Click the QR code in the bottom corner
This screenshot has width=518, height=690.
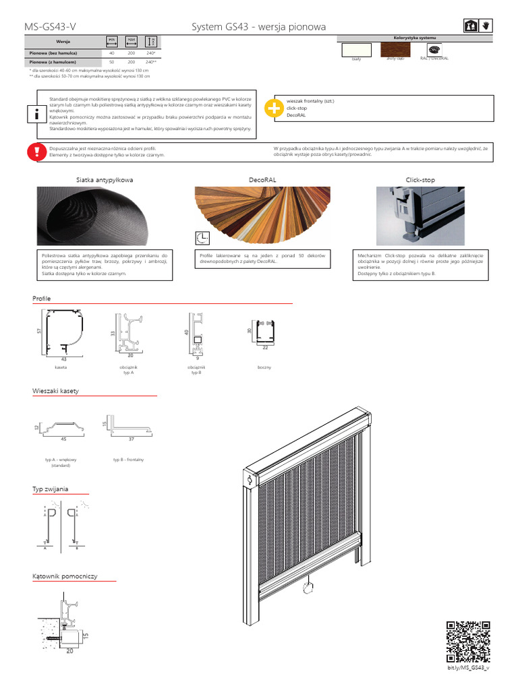click(467, 641)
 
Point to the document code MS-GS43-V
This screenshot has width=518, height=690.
click(50, 27)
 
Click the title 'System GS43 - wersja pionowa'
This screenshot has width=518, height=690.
click(259, 27)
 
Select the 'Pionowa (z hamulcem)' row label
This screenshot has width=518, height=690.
click(53, 62)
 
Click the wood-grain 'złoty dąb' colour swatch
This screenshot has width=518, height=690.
click(394, 49)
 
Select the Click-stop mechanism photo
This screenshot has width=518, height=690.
click(420, 216)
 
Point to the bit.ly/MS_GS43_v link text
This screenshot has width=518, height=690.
click(467, 668)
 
